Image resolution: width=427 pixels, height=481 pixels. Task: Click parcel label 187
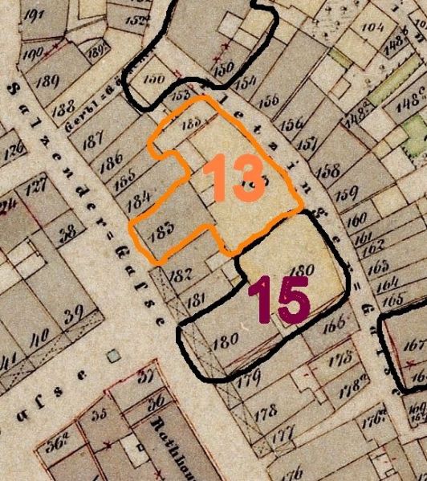coord(93,138)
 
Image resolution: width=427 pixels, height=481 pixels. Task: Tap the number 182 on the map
coord(182,275)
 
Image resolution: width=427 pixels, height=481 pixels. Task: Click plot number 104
coord(373,26)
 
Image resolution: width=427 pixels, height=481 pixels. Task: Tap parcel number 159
coord(347,194)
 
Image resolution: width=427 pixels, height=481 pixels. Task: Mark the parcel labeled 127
coord(36,190)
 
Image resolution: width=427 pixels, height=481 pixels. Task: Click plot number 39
coord(74,312)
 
